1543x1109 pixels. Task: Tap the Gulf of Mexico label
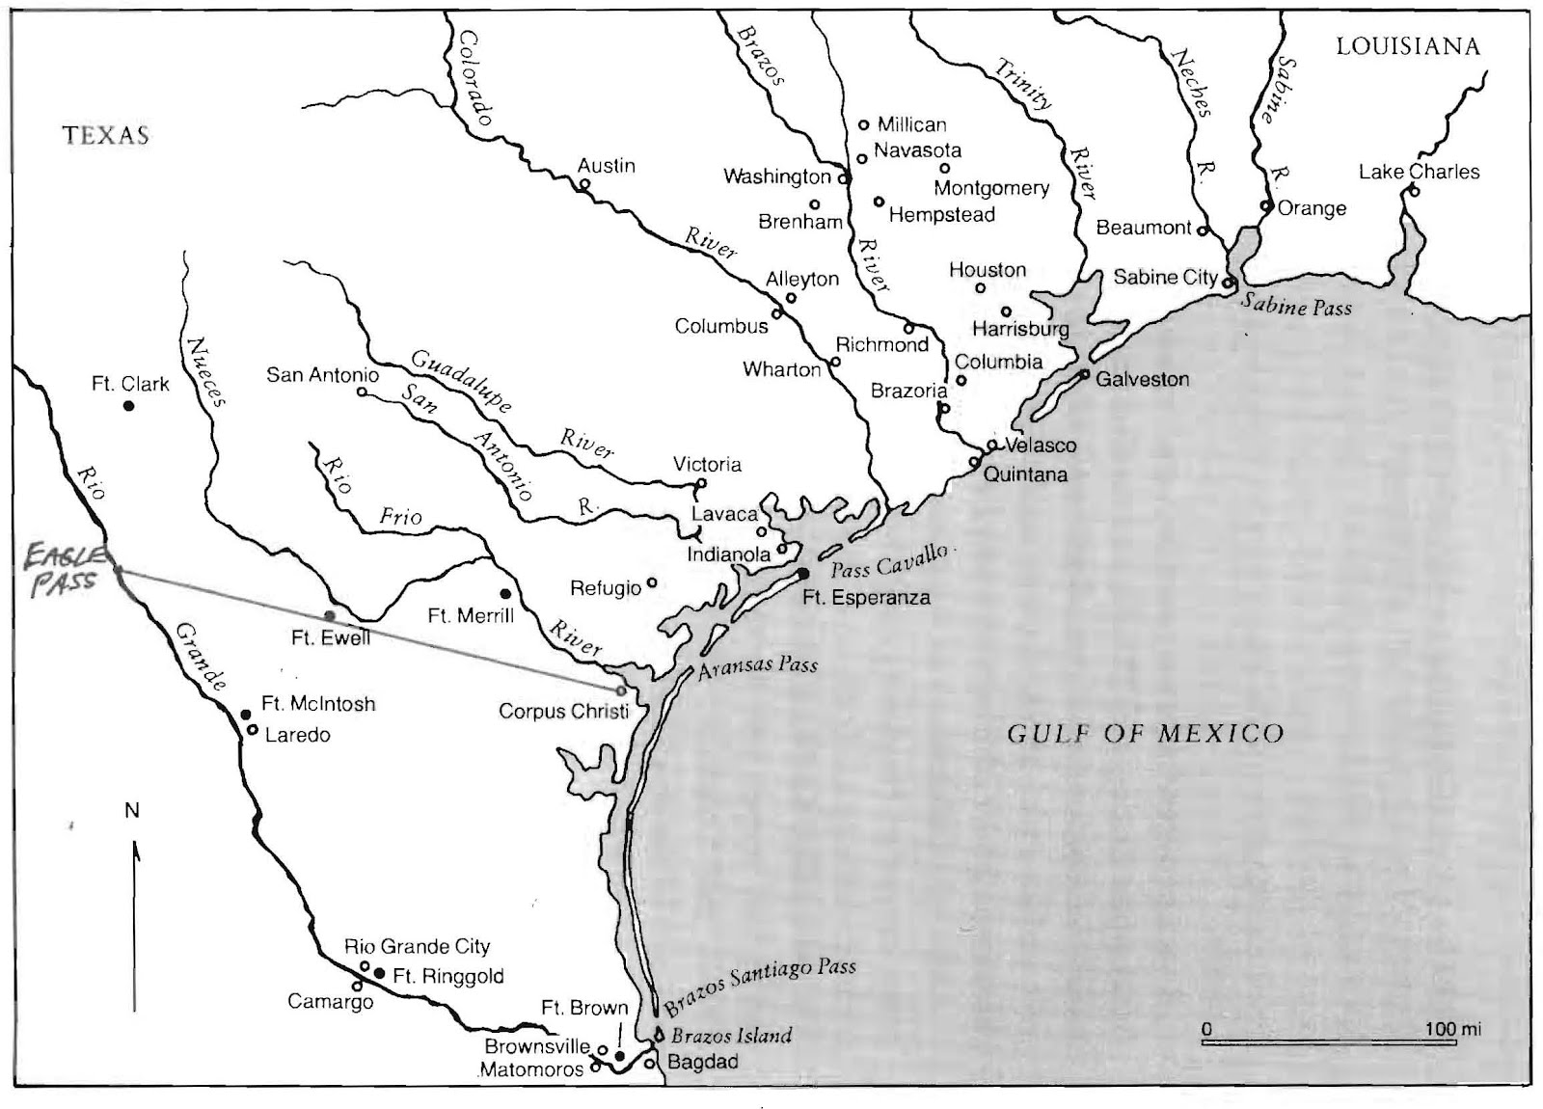click(1145, 734)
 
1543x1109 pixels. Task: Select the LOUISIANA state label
click(1407, 46)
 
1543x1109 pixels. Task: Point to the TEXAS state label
click(106, 135)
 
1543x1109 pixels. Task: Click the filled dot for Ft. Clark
click(128, 406)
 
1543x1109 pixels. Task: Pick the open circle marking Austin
click(583, 184)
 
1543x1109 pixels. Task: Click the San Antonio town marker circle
click(362, 392)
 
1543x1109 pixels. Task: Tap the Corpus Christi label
click(563, 712)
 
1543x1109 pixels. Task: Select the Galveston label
click(1142, 379)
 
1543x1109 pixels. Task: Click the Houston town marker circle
click(980, 287)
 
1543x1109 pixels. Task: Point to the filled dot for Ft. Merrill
click(504, 593)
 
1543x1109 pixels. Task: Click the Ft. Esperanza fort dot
click(802, 574)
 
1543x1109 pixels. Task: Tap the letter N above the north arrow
click(132, 810)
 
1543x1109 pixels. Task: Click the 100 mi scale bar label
click(1453, 1029)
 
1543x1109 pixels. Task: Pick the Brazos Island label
click(731, 1037)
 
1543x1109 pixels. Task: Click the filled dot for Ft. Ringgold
click(379, 974)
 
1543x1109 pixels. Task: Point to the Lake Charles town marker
click(1414, 191)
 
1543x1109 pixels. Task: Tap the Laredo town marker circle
click(252, 730)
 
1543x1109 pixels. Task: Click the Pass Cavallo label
click(890, 560)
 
